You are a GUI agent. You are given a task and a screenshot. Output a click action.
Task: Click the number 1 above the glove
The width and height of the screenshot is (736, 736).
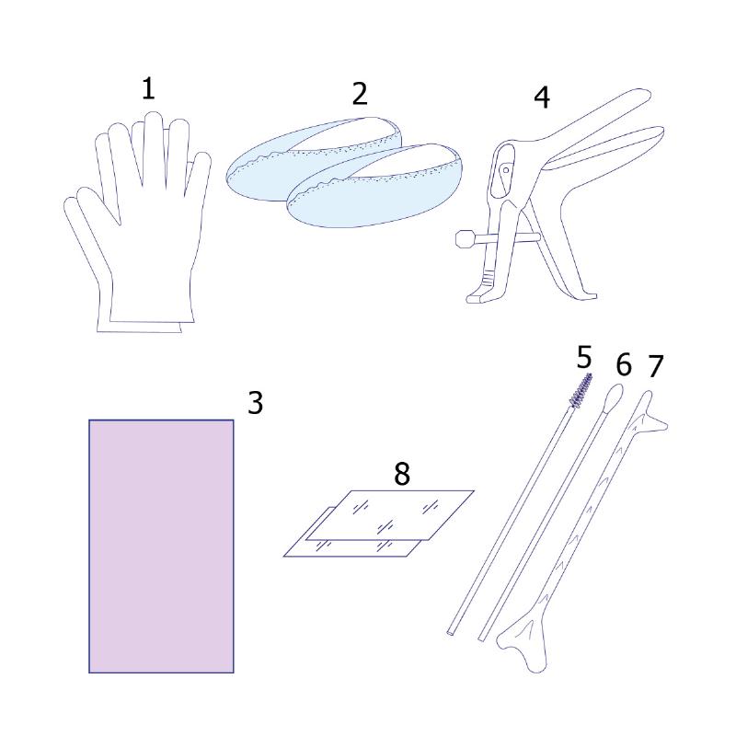[148, 89]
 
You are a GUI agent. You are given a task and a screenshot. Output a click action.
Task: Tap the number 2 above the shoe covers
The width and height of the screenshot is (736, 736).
[360, 94]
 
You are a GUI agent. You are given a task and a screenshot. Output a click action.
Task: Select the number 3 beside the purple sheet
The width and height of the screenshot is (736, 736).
[256, 403]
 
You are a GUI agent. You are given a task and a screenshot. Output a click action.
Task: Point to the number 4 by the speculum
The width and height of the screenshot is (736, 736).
[542, 98]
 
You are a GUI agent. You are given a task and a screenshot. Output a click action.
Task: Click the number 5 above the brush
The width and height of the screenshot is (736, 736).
[584, 358]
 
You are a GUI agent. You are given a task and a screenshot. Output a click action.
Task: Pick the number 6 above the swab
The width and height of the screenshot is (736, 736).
[624, 364]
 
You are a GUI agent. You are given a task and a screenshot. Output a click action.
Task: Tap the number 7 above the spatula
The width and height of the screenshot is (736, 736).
[656, 366]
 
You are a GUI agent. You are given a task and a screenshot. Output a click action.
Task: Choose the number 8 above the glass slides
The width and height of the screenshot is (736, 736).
[402, 474]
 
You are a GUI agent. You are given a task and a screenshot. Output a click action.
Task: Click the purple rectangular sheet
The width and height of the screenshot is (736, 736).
[161, 546]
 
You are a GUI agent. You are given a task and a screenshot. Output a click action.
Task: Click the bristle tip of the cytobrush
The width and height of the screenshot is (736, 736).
[581, 389]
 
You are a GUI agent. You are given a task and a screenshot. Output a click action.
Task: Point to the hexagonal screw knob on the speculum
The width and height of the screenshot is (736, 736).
[465, 238]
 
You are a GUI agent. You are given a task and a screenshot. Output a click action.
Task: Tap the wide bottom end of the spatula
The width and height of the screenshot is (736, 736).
[523, 643]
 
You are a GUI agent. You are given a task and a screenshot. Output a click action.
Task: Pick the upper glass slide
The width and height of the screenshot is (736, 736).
[389, 515]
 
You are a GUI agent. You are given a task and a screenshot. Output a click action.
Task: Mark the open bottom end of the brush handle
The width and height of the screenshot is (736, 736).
[451, 633]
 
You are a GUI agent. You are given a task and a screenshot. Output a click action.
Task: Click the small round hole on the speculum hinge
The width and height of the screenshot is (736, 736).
[506, 170]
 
